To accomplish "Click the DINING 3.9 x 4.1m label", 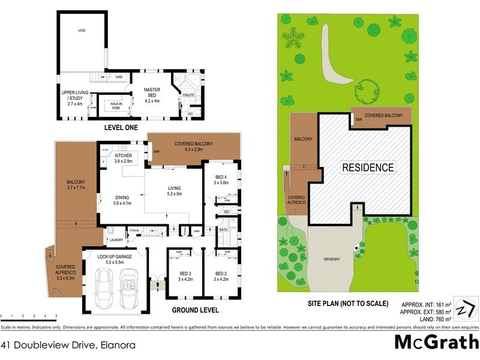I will [122, 199].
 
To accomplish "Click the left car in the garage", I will [104, 287].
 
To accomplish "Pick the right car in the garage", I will [130, 287].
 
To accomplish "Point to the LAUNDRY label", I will [116, 240].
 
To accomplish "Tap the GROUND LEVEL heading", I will [195, 310].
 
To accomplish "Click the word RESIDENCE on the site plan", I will [368, 168].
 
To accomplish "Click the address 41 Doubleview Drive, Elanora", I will [68, 345].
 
